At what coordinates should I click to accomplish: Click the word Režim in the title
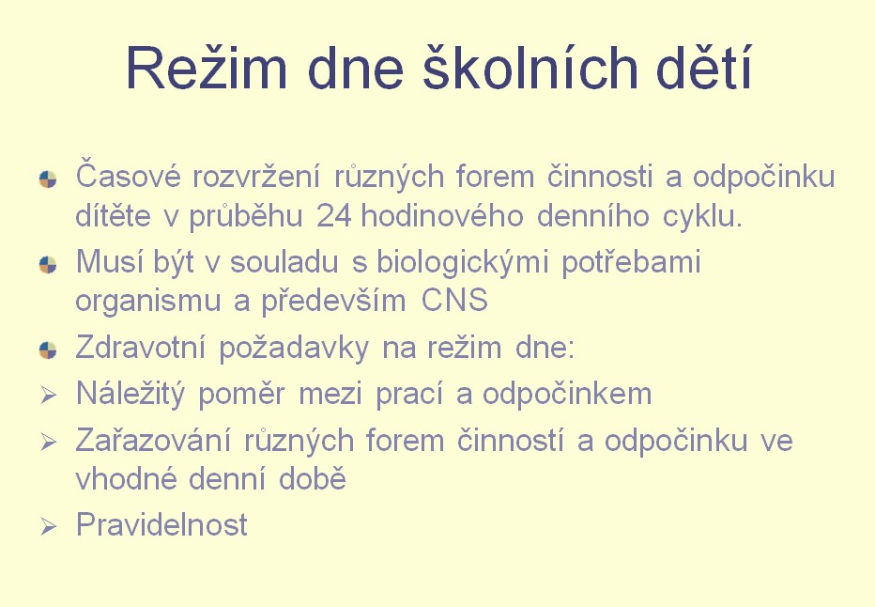[x=207, y=68]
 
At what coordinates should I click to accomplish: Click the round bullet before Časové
[x=48, y=179]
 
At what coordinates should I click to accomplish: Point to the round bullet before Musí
[x=48, y=265]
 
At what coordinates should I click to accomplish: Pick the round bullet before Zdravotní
[x=48, y=350]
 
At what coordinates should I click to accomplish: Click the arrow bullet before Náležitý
[x=49, y=396]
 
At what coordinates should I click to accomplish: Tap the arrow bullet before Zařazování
[x=49, y=443]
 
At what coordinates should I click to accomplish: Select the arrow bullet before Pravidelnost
[x=49, y=526]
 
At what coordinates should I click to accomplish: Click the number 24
[x=333, y=216]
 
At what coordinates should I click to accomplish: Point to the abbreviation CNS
[x=454, y=300]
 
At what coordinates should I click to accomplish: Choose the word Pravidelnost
[x=161, y=525]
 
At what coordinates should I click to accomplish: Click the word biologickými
[x=463, y=262]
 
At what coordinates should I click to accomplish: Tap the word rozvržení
[x=256, y=177]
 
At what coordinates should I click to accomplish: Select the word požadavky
[x=294, y=348]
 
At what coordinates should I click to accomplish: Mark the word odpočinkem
[x=567, y=395]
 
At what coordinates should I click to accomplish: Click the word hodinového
[x=442, y=215]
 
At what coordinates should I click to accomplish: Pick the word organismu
[x=148, y=302]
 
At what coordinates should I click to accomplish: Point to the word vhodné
[x=126, y=478]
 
